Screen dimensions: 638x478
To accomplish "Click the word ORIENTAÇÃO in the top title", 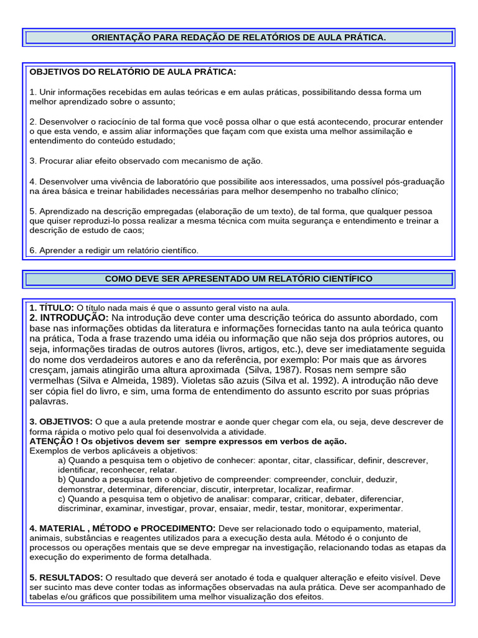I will click(x=118, y=38).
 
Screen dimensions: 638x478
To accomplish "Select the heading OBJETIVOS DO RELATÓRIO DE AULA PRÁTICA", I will click(x=133, y=72).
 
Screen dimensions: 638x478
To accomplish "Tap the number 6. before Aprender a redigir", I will click(x=33, y=250).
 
